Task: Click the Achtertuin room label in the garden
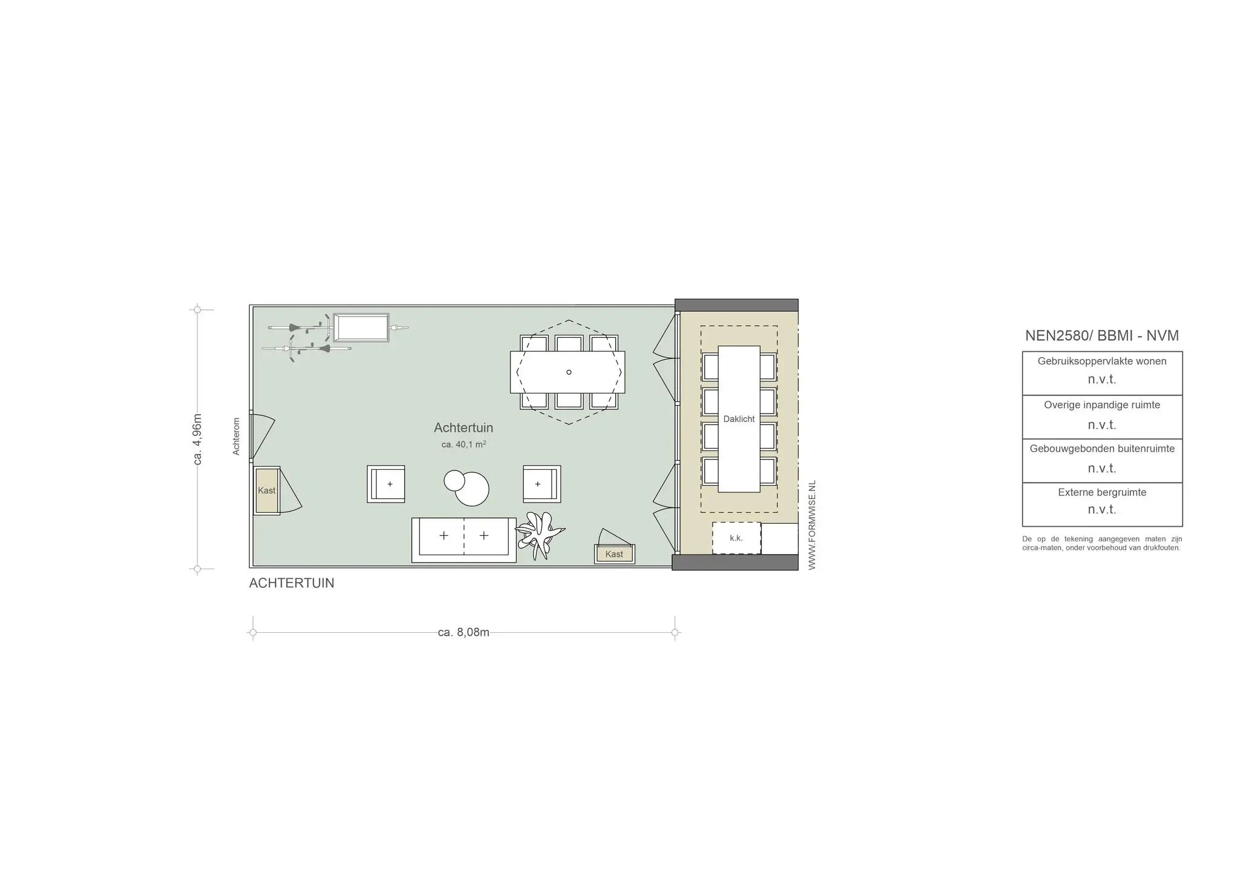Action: [463, 427]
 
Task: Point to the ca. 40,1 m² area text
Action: [463, 444]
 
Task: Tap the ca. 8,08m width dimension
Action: [463, 632]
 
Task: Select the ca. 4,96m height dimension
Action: [197, 440]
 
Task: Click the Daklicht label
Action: [739, 419]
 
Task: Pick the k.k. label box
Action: [736, 538]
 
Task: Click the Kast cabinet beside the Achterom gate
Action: [266, 490]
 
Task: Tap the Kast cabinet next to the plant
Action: [614, 554]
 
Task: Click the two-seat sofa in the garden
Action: [464, 540]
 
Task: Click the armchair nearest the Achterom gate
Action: [386, 484]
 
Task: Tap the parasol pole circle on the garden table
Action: [569, 372]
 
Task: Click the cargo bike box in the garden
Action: [361, 328]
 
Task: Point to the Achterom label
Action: [236, 436]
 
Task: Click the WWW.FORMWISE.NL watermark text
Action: [812, 525]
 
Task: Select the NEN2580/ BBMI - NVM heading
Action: [1101, 335]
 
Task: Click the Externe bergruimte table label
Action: [1102, 492]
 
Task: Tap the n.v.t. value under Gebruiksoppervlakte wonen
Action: [1102, 380]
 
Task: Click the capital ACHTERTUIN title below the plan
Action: [291, 583]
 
